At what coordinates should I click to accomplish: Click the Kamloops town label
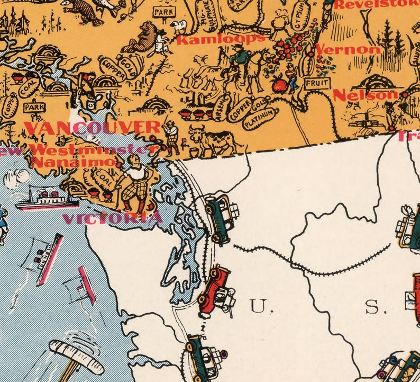pyautogui.click(x=221, y=39)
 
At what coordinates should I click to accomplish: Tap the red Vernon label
pyautogui.click(x=348, y=50)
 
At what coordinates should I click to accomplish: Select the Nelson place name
pyautogui.click(x=365, y=95)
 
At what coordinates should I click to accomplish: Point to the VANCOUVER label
pyautogui.click(x=92, y=128)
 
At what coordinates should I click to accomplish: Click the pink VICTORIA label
pyautogui.click(x=112, y=218)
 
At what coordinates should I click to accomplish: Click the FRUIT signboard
pyautogui.click(x=317, y=83)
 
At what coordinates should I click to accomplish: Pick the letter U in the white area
pyautogui.click(x=259, y=306)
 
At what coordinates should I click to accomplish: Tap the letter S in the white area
pyautogui.click(x=372, y=307)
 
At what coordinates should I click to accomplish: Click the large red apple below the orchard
pyautogui.click(x=278, y=84)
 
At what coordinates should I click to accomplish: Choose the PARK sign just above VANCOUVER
pyautogui.click(x=34, y=107)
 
